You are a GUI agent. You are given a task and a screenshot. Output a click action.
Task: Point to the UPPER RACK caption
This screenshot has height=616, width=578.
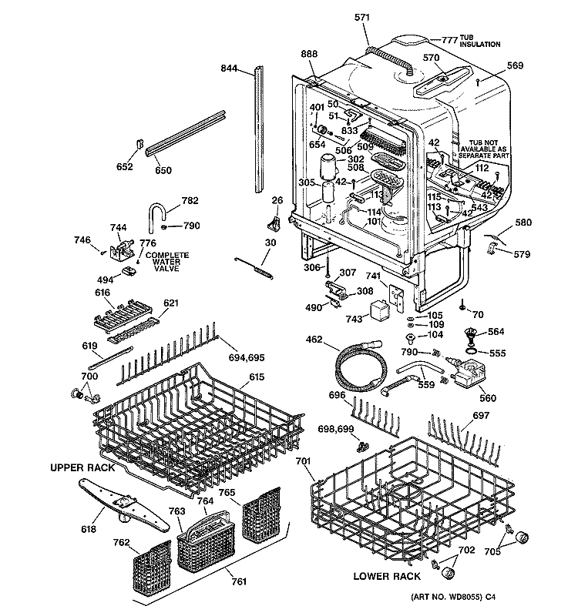click(83, 467)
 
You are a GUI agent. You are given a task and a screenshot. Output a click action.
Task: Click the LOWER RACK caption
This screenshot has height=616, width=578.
click(386, 576)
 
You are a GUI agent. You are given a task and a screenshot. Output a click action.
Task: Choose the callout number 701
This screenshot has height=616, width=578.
click(303, 462)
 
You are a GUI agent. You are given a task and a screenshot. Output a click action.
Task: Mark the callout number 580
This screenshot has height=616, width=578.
click(523, 224)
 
